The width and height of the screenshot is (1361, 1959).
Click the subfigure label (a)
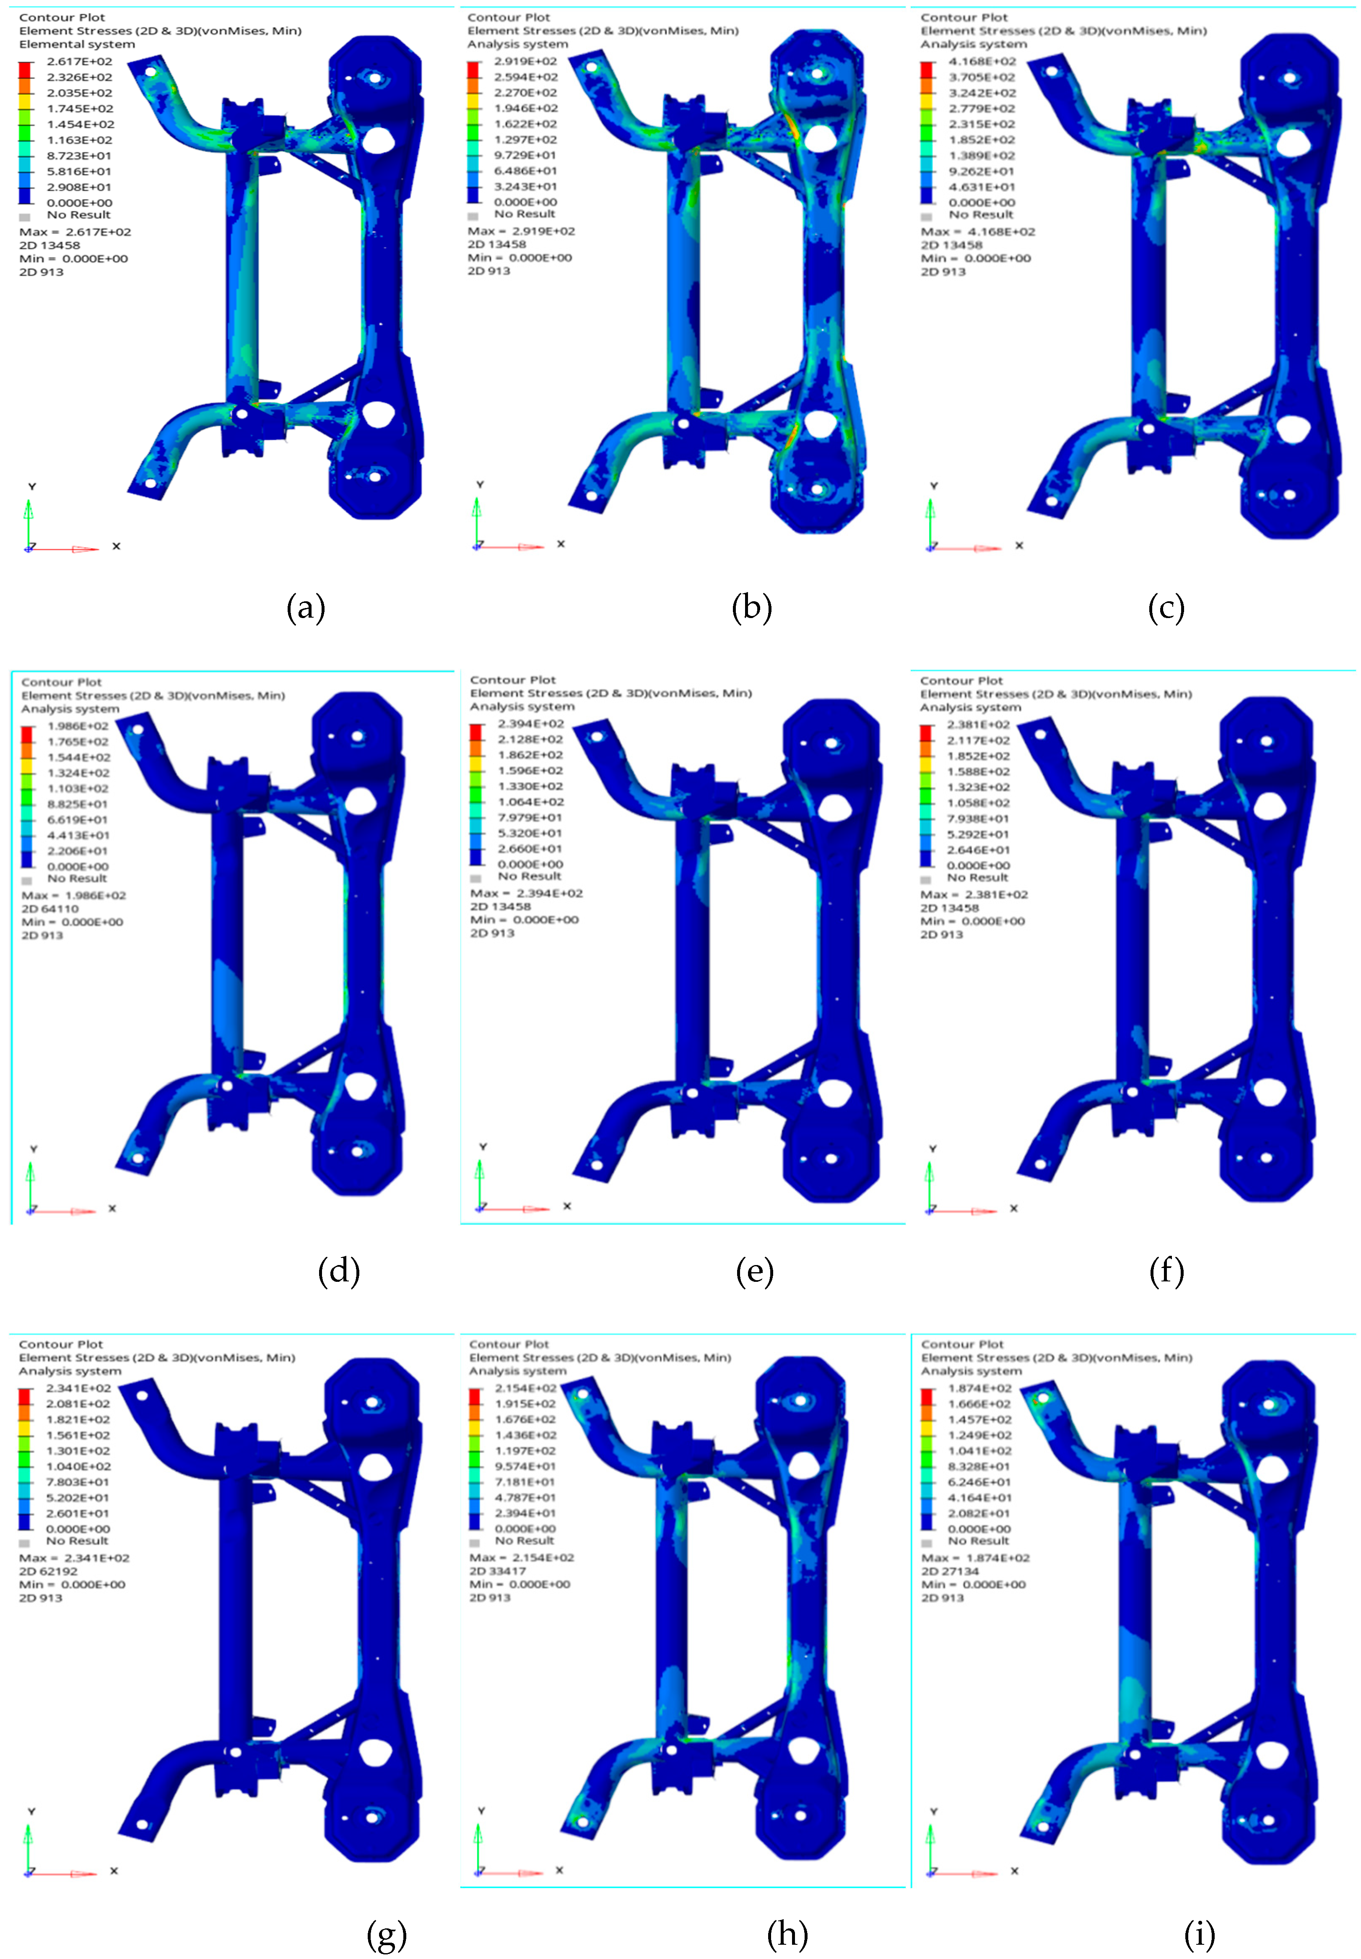[x=305, y=608]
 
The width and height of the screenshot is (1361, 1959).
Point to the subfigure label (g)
[x=386, y=1934]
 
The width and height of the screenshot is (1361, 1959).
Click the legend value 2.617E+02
[x=79, y=61]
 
